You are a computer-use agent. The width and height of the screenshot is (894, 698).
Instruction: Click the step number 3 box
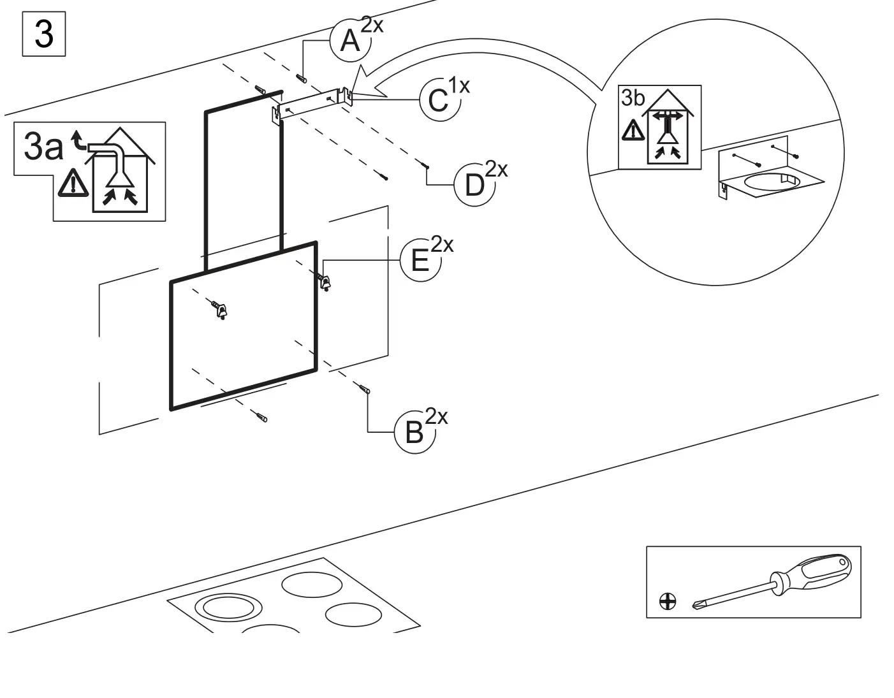[x=43, y=34]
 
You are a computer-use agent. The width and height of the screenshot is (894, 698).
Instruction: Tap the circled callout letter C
[x=438, y=100]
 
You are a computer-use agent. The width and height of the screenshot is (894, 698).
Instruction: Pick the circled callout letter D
[x=474, y=185]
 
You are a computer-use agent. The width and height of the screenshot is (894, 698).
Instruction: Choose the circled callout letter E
[x=420, y=261]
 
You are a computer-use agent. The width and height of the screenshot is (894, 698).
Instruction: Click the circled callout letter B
[x=414, y=433]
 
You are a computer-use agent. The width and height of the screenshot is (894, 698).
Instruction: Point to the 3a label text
[x=43, y=147]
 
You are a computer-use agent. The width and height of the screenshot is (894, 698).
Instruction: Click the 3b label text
[x=633, y=98]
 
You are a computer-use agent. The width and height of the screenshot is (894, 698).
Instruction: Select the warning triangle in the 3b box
[x=633, y=131]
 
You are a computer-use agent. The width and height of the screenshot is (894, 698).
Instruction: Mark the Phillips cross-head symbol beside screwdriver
[x=668, y=601]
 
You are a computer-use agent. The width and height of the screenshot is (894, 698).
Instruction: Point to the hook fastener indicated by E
[x=325, y=281]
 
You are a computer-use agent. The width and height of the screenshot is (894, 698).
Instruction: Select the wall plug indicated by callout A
[x=302, y=78]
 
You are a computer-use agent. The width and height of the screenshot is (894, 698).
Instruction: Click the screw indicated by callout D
[x=425, y=165]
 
